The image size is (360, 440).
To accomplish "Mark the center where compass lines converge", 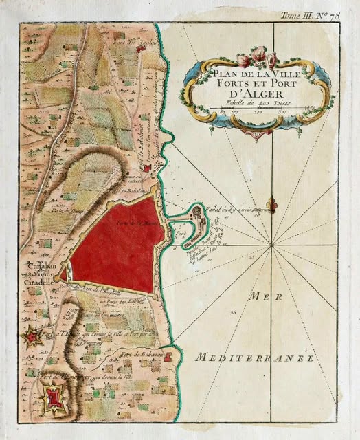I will click(x=272, y=244).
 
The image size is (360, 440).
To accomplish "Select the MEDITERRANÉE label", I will click(x=254, y=357).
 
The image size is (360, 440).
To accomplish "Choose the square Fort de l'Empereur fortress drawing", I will click(x=52, y=399).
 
